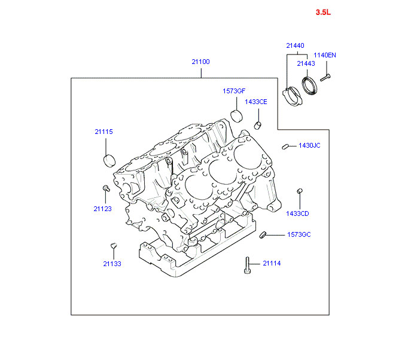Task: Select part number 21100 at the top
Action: [x=201, y=62]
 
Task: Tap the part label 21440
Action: [x=294, y=45]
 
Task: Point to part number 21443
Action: [x=306, y=63]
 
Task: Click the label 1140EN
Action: [x=325, y=55]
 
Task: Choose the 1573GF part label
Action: [x=234, y=91]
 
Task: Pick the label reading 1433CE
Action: [x=255, y=102]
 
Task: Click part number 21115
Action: [x=103, y=132]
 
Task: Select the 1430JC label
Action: [x=309, y=145]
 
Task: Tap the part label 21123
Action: [x=102, y=209]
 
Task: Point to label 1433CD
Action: [x=297, y=213]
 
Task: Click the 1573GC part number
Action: [x=299, y=234]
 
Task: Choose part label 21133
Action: [x=111, y=264]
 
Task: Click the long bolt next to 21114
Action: [x=247, y=265]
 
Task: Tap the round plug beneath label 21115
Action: [x=109, y=160]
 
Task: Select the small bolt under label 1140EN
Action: [x=325, y=76]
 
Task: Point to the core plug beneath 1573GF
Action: [x=236, y=115]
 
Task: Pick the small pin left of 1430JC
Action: [x=286, y=145]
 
